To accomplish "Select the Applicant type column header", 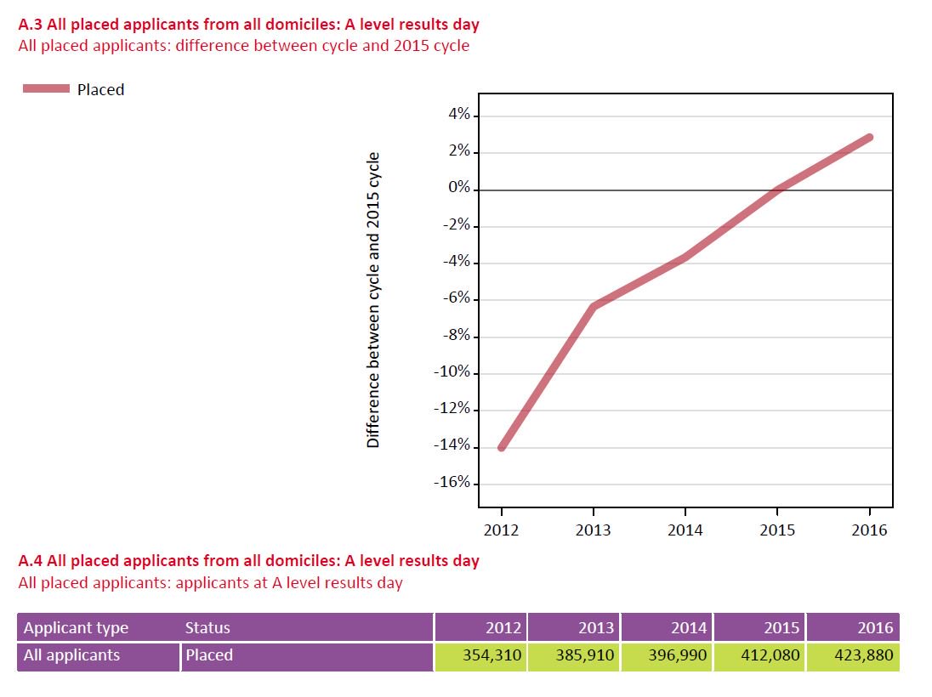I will pos(76,628).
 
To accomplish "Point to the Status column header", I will pos(207,628).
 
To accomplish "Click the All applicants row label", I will pos(71,655).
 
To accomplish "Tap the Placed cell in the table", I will pos(209,655).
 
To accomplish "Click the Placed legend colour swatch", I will pos(46,89).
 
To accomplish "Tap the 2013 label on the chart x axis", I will pos(593,530).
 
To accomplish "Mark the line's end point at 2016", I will pos(869,137).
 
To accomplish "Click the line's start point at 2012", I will pos(501,447).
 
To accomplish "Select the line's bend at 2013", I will pos(593,306).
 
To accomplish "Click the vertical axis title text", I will pos(372,301).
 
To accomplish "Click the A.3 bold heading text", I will pos(248,25).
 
